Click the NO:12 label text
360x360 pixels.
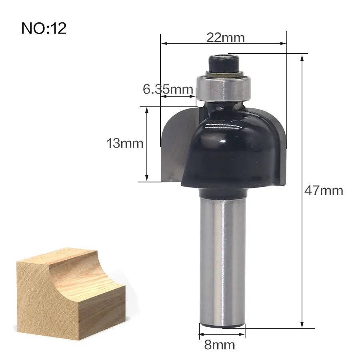coord(44,28)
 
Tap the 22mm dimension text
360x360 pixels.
coord(226,38)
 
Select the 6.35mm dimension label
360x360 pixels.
coord(168,89)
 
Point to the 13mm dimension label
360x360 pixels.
coord(125,143)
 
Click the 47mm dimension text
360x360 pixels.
coord(324,190)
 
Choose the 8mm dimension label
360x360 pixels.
coord(220,345)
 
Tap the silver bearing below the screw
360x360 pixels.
coord(224,88)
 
